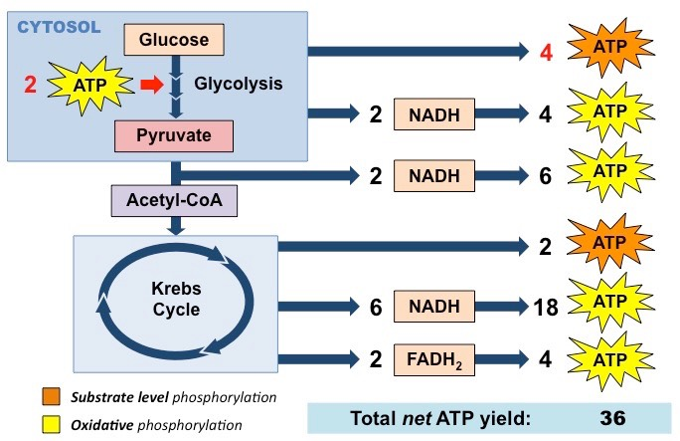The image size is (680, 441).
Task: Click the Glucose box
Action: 174,40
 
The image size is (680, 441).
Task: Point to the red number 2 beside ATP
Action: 30,86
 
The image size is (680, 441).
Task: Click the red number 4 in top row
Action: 544,50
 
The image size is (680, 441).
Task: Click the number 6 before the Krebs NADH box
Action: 376,308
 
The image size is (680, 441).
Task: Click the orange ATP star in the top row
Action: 610,47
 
